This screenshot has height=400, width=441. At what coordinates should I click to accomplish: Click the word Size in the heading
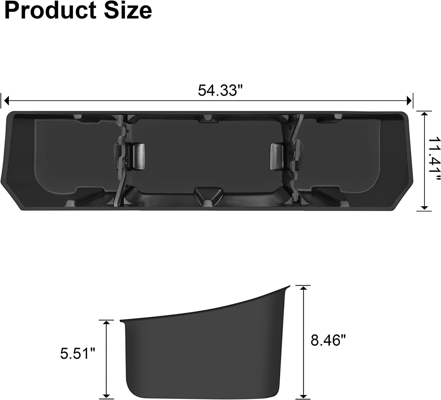[x=128, y=10]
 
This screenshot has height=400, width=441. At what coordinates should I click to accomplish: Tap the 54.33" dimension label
[x=220, y=90]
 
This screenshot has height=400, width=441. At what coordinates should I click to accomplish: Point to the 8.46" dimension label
[x=328, y=340]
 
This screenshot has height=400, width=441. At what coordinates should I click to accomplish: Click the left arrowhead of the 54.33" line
[x=6, y=101]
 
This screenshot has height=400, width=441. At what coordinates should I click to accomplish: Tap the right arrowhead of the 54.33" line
[x=409, y=101]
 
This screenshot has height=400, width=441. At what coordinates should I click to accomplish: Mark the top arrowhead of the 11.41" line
[x=424, y=114]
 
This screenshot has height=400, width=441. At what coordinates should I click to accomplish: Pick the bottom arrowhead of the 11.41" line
[x=424, y=208]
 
